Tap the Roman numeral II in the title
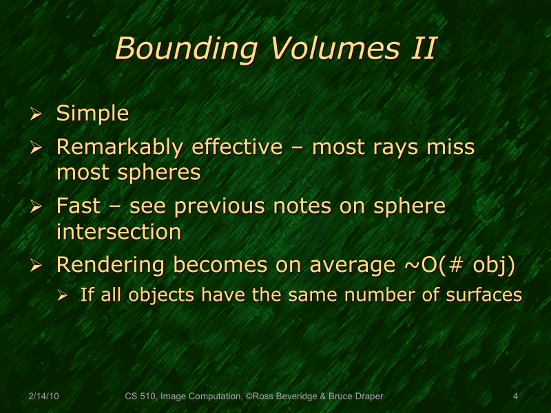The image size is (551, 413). (x=421, y=49)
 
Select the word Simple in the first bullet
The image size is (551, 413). (x=92, y=114)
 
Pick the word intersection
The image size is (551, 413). (x=118, y=232)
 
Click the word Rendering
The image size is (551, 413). (x=110, y=265)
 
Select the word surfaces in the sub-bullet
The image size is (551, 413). (x=485, y=295)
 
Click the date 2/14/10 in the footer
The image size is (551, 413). (x=43, y=396)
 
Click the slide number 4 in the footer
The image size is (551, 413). (x=515, y=396)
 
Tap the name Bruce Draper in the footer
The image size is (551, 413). (x=357, y=396)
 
